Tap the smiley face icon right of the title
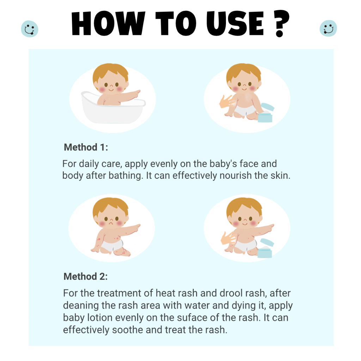point(328,28)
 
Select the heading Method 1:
point(86,147)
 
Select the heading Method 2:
point(86,277)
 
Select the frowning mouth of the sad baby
point(110,224)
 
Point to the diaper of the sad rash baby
point(114,245)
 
